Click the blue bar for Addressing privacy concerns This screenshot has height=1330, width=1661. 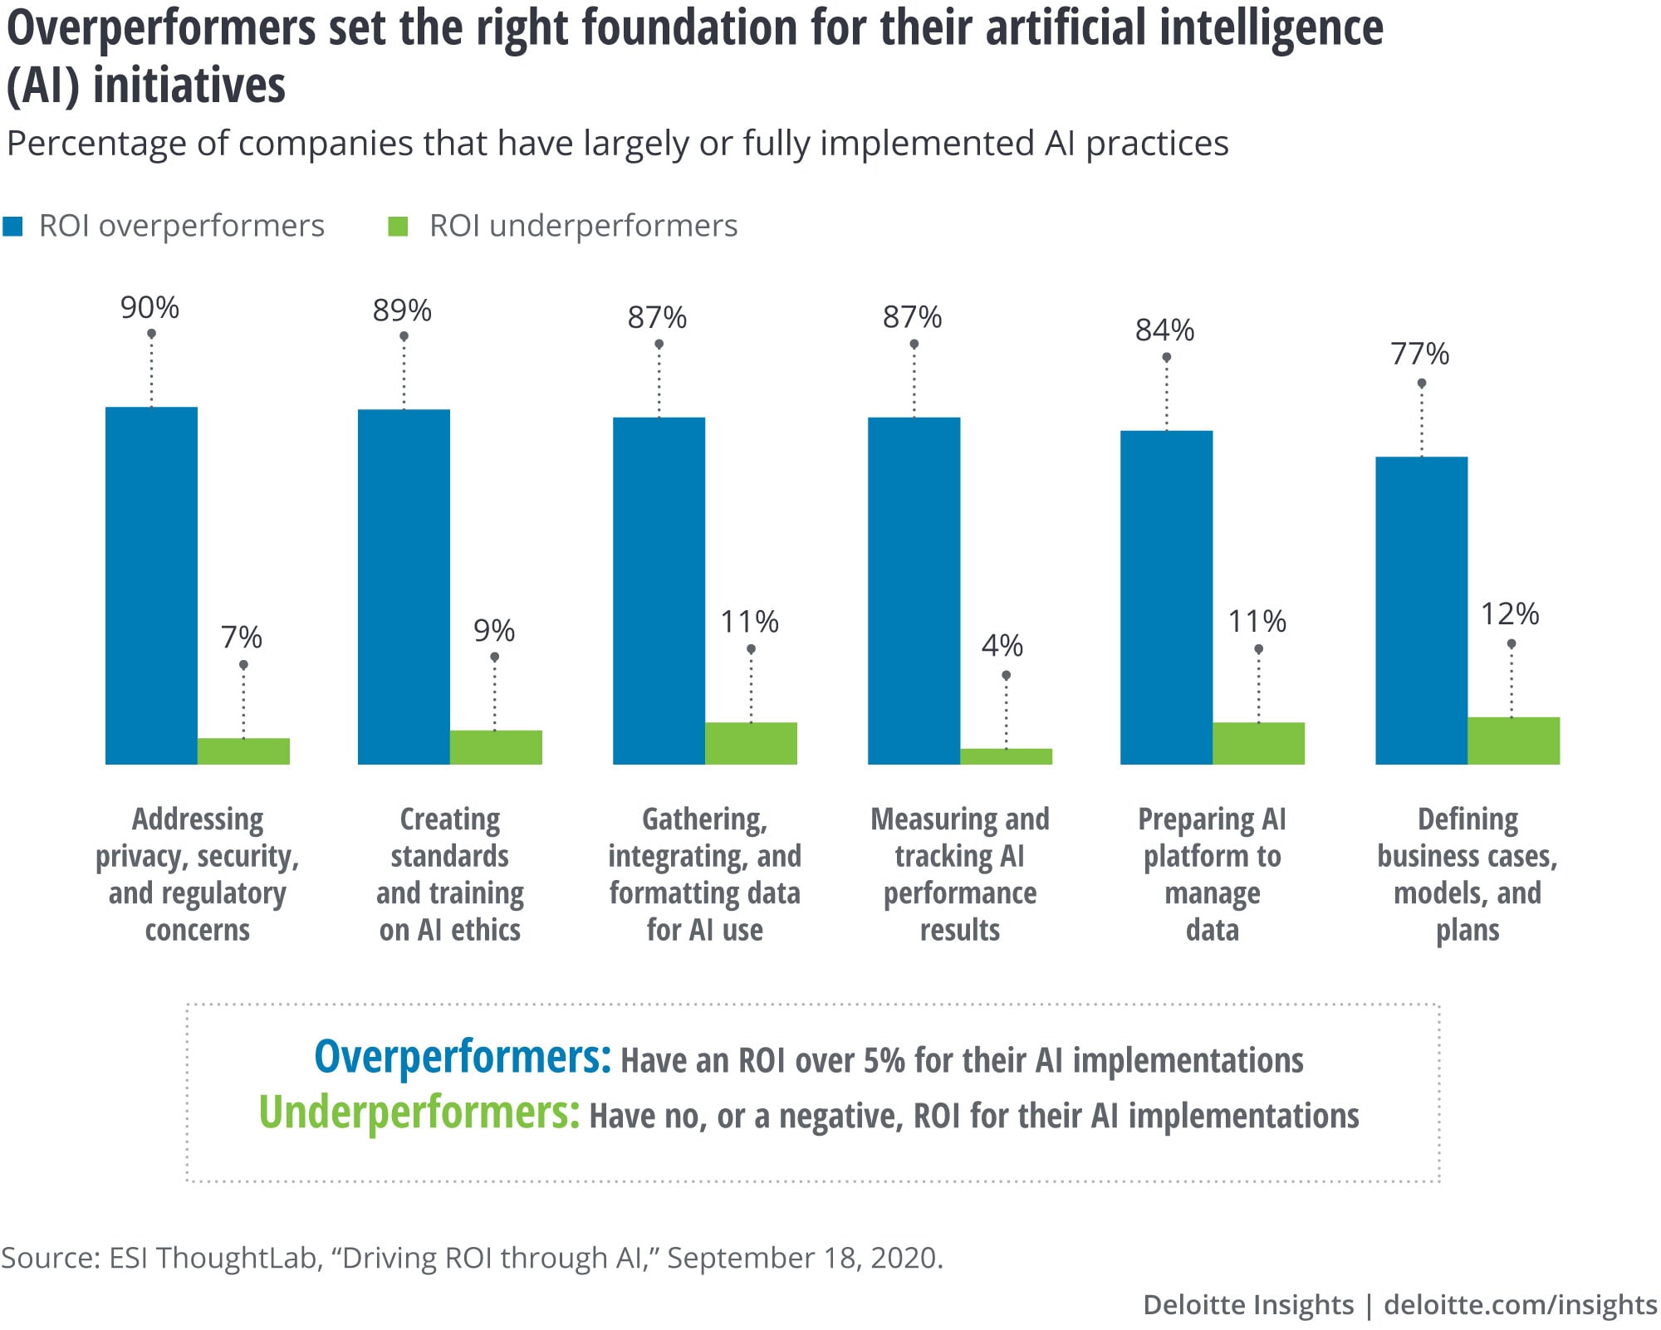(x=151, y=585)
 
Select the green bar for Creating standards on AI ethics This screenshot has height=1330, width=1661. (x=496, y=747)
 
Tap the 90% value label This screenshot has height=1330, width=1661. (x=149, y=308)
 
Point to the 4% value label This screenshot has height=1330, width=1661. (x=1002, y=645)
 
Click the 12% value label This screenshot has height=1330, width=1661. (x=1510, y=614)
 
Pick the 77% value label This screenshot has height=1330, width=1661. (x=1420, y=355)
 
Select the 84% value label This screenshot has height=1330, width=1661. (x=1164, y=330)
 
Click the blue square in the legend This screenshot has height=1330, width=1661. (x=13, y=227)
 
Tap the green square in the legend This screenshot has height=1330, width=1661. (x=399, y=227)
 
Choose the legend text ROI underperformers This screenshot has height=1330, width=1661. (x=583, y=226)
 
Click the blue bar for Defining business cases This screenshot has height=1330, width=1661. (x=1421, y=610)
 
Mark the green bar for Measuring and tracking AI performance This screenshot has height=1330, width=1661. (x=1006, y=756)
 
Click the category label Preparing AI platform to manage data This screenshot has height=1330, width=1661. (x=1212, y=874)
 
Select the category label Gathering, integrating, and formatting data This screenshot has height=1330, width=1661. (x=704, y=874)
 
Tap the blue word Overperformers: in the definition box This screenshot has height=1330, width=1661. (x=462, y=1058)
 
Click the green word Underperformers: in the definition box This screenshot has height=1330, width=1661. (x=419, y=1112)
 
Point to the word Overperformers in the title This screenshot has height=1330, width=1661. (x=162, y=27)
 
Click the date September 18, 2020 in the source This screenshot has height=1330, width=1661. (x=804, y=1258)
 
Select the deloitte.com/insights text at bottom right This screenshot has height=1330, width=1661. (x=1520, y=1304)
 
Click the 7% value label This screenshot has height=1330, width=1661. (x=241, y=638)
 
